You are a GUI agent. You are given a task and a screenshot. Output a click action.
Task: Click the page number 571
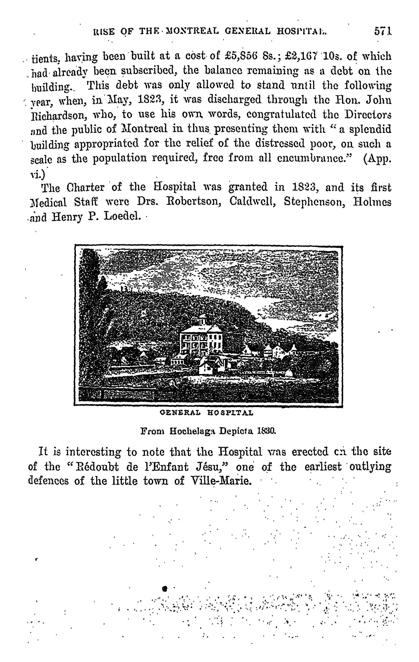[x=383, y=31]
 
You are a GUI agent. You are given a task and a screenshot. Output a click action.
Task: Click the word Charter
[x=86, y=188]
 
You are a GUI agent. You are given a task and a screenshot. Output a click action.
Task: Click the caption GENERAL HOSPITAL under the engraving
[x=206, y=413]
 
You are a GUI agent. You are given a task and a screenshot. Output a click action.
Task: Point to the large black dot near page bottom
[x=165, y=588]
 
